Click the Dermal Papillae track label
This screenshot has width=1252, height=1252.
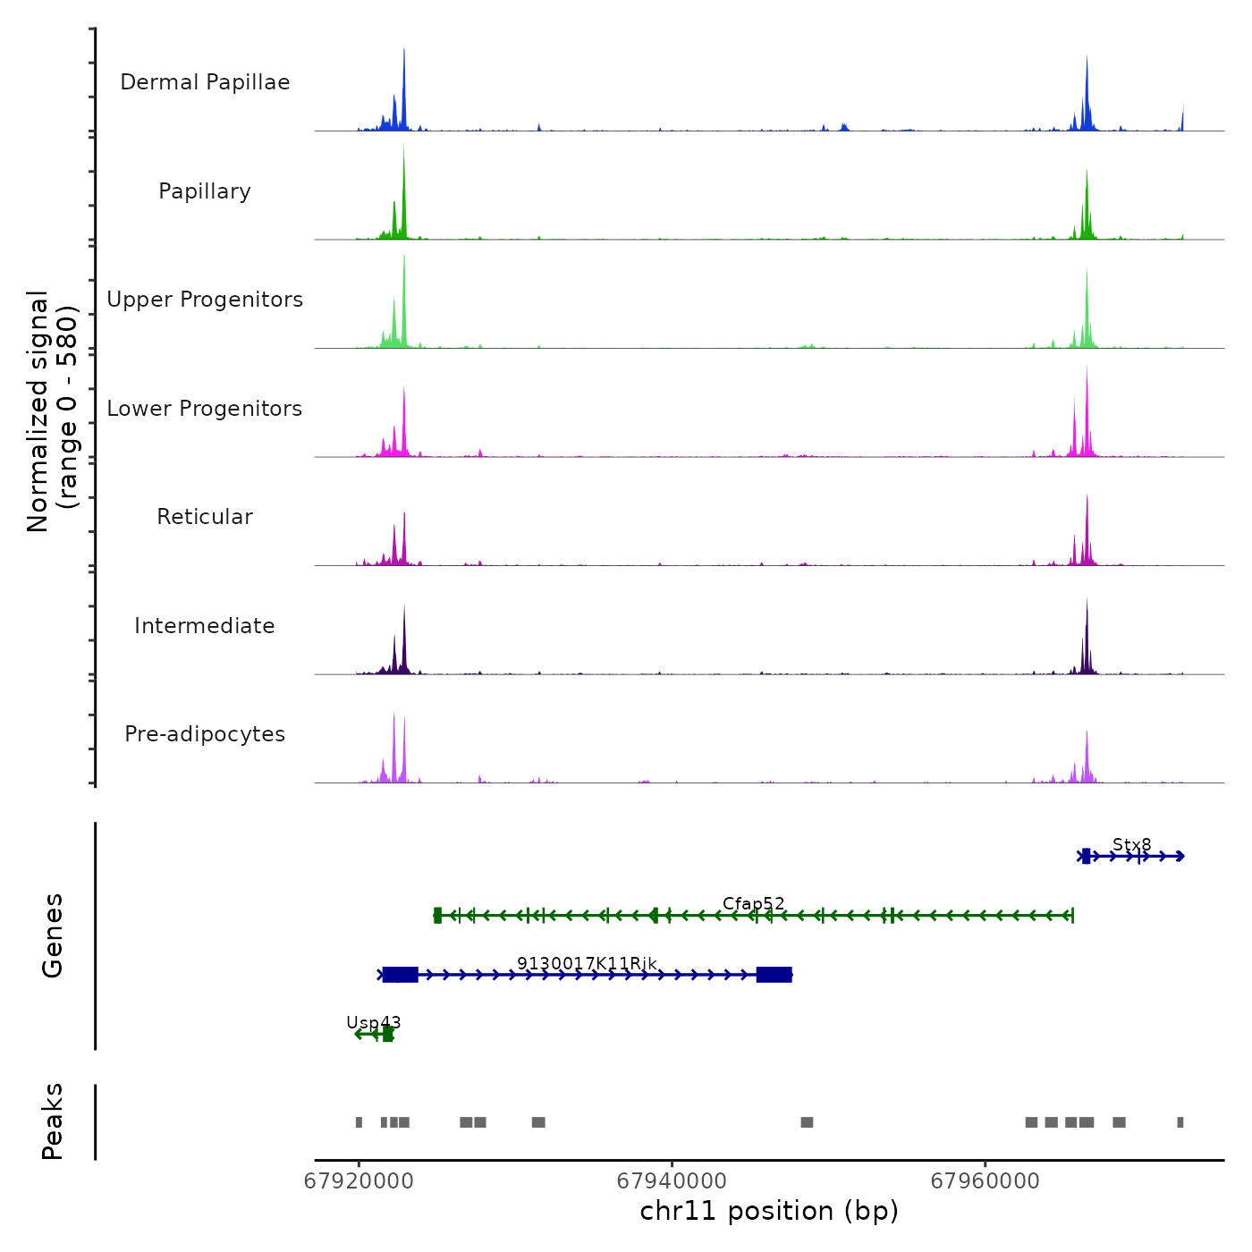pyautogui.click(x=205, y=82)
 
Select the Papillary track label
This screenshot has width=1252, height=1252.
pyautogui.click(x=205, y=191)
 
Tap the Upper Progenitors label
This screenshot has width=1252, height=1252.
pyautogui.click(x=205, y=300)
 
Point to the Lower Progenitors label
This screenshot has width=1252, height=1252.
pyautogui.click(x=205, y=409)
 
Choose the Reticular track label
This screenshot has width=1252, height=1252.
pyautogui.click(x=205, y=517)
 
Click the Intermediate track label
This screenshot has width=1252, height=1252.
pyautogui.click(x=205, y=626)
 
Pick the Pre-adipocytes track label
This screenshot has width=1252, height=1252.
pyautogui.click(x=205, y=734)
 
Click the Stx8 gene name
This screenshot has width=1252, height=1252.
pyautogui.click(x=1131, y=845)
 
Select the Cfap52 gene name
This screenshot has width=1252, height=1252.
pyautogui.click(x=753, y=904)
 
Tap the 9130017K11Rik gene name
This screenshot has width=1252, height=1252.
pyautogui.click(x=587, y=963)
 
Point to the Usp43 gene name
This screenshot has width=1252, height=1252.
pyautogui.click(x=373, y=1022)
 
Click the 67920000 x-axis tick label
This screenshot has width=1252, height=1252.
pyautogui.click(x=359, y=1181)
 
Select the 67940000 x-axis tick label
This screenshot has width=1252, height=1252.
pyautogui.click(x=672, y=1181)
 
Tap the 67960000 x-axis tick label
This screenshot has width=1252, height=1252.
pyautogui.click(x=985, y=1181)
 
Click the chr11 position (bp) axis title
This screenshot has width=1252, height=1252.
pyautogui.click(x=769, y=1211)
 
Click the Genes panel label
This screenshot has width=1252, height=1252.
pyautogui.click(x=52, y=935)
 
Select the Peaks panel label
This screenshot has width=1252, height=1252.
pyautogui.click(x=52, y=1121)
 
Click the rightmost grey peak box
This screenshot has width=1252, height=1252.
pyautogui.click(x=1180, y=1122)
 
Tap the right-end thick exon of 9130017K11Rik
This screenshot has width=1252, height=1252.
pyautogui.click(x=774, y=975)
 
